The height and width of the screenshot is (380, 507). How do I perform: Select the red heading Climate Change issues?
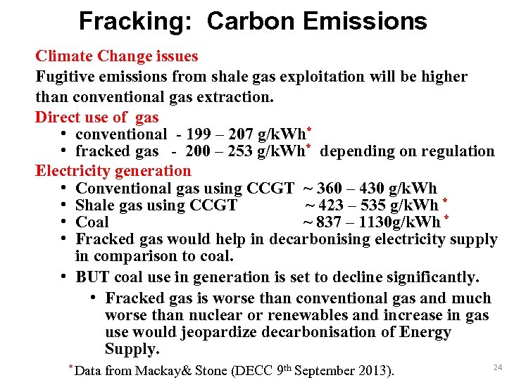pos(117,56)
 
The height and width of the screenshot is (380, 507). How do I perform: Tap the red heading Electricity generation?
pos(113,171)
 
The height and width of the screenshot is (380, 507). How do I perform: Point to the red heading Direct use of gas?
pos(97,118)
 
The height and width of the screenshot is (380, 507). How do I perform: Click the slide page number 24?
pos(497,367)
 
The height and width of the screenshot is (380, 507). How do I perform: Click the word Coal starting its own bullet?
pos(92,222)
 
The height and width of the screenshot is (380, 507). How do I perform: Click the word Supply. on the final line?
pos(132,349)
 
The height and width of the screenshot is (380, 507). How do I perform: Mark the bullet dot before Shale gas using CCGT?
pos(63,205)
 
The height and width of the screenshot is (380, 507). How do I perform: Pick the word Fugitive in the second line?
pos(64,77)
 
